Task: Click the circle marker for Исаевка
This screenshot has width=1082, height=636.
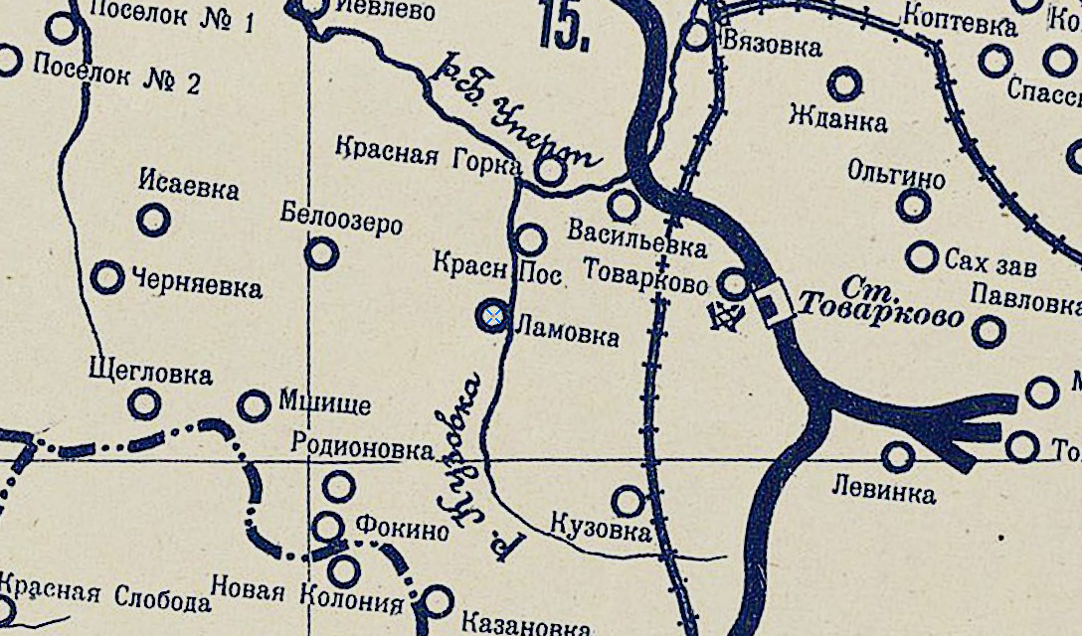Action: pyautogui.click(x=153, y=220)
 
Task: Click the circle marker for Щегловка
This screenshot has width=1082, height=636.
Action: pyautogui.click(x=145, y=403)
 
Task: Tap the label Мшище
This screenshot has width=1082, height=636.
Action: pyautogui.click(x=324, y=403)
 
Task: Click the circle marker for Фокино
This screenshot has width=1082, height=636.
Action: pyautogui.click(x=329, y=527)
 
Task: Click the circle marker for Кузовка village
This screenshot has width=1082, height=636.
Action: pyautogui.click(x=628, y=501)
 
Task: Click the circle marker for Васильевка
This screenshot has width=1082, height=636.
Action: pyautogui.click(x=624, y=206)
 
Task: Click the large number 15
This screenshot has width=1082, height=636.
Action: pyautogui.click(x=564, y=27)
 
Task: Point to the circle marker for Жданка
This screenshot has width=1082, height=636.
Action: pyautogui.click(x=844, y=84)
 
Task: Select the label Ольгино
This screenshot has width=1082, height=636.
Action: pyautogui.click(x=896, y=172)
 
